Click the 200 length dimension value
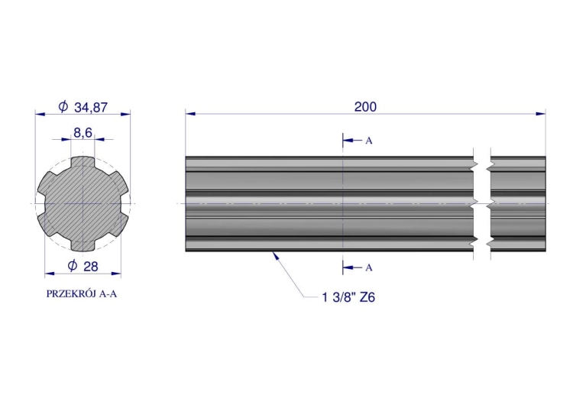tap(365, 107)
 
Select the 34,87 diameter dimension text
tap(91, 108)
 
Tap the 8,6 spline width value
tap(83, 133)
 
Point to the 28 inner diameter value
tap(91, 267)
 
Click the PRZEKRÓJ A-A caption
tap(82, 294)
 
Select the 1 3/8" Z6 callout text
tap(348, 297)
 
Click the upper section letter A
tap(369, 141)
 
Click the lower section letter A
tap(369, 268)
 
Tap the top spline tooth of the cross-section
tap(83, 163)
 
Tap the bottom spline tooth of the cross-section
tap(83, 245)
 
